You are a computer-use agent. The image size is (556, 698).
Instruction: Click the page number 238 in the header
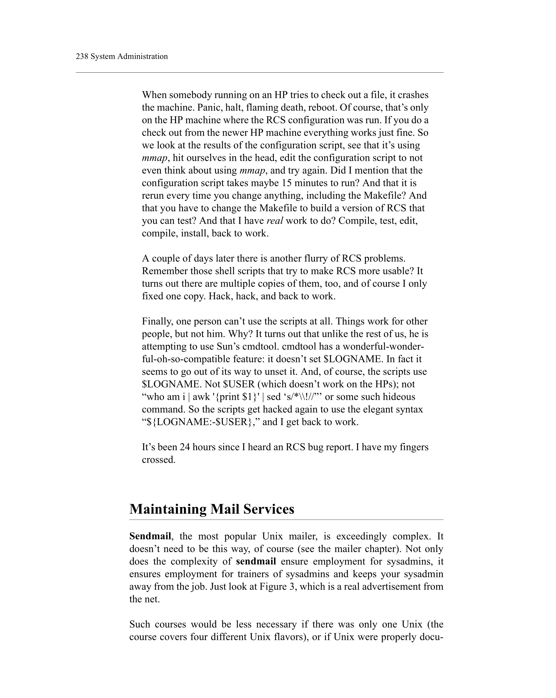pyautogui.click(x=82, y=56)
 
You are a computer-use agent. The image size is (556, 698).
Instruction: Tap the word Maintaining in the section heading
pyautogui.click(x=168, y=509)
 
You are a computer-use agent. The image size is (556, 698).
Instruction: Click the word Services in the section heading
pyautogui.click(x=269, y=509)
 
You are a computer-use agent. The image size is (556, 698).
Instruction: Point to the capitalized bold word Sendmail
pyautogui.click(x=150, y=536)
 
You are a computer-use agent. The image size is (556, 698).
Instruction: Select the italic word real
pyautogui.click(x=275, y=221)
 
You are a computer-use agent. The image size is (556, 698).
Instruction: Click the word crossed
pyautogui.click(x=158, y=460)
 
